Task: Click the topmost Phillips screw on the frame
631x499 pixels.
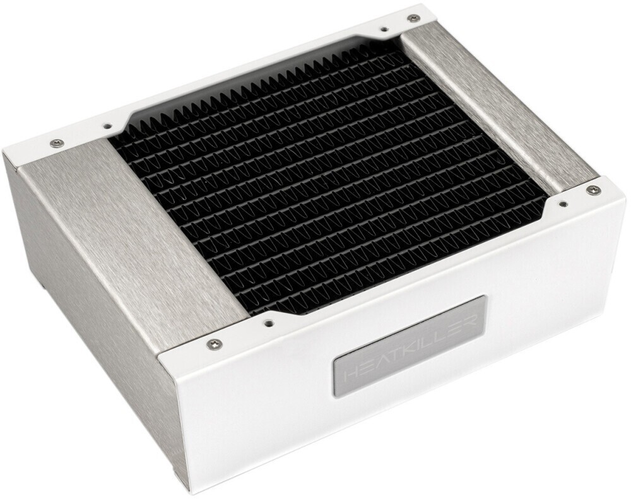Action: pyautogui.click(x=413, y=18)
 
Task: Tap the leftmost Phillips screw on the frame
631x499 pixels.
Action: pyautogui.click(x=56, y=143)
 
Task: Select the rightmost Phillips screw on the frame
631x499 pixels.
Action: pyautogui.click(x=593, y=190)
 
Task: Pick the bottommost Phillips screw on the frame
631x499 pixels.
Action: pyautogui.click(x=214, y=343)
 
